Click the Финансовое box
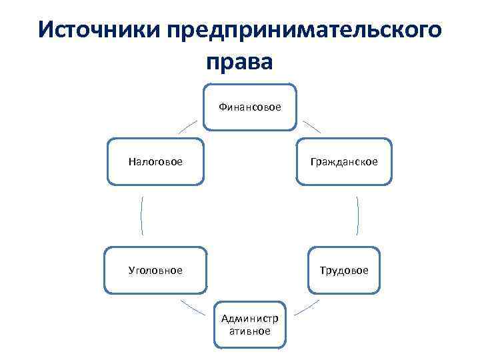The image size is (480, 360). (x=250, y=106)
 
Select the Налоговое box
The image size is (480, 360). (x=155, y=161)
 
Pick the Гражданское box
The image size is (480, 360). (x=343, y=161)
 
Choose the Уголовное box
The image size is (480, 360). (x=155, y=270)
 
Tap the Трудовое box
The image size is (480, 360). (x=343, y=270)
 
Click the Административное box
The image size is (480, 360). (x=250, y=325)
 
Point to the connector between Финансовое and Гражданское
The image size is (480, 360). (x=312, y=127)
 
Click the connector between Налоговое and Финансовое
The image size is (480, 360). (x=187, y=127)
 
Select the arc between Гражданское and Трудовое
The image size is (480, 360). (x=358, y=215)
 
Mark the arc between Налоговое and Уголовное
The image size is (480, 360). (x=142, y=215)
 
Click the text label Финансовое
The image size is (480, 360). (x=250, y=106)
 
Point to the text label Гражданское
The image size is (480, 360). (x=343, y=161)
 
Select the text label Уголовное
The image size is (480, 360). (x=155, y=270)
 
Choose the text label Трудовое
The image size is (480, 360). (x=343, y=270)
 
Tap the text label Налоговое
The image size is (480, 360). (x=155, y=161)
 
